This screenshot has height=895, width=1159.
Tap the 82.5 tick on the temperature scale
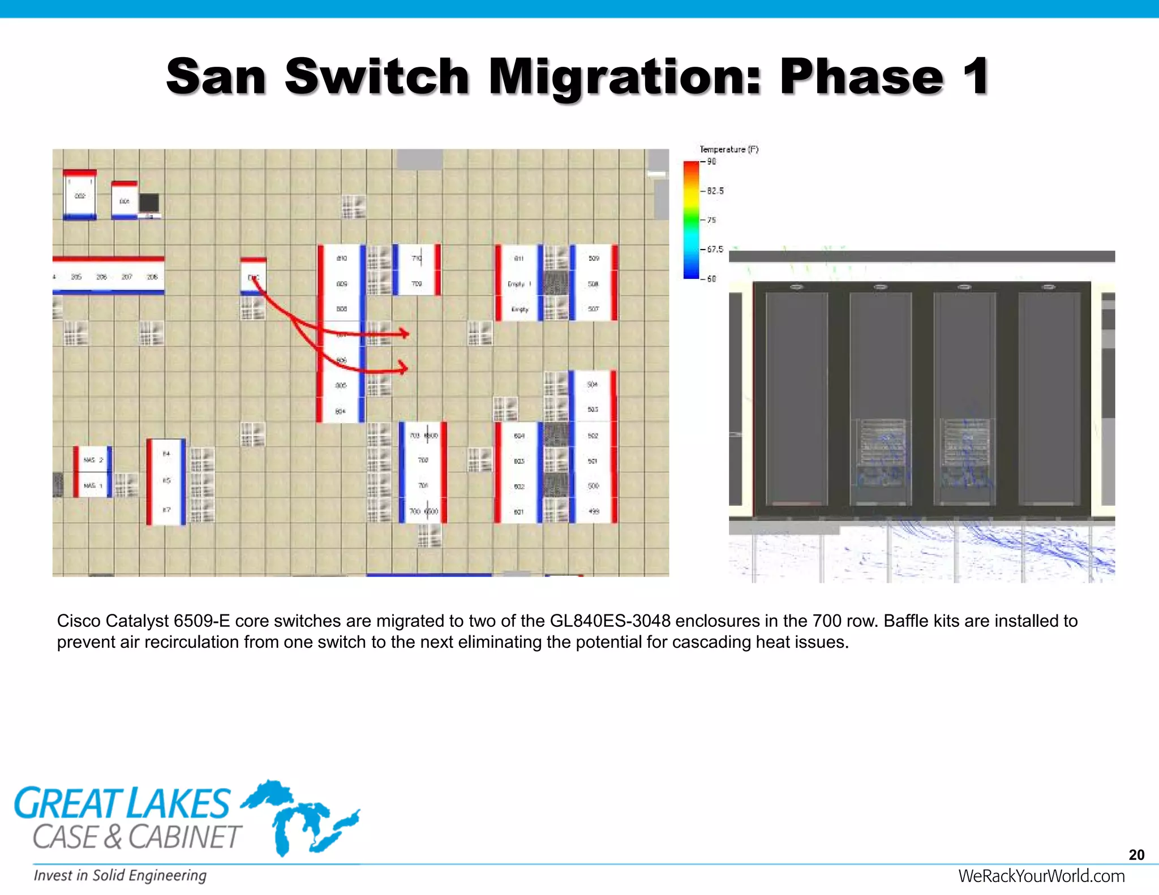point(715,191)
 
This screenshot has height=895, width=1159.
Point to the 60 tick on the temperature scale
point(711,279)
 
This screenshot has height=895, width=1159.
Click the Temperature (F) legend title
point(728,149)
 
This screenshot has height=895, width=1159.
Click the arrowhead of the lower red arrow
point(403,368)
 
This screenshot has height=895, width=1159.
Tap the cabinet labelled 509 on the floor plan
point(593,259)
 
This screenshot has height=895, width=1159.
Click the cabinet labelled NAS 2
point(93,460)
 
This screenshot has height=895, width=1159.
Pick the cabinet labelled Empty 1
point(519,284)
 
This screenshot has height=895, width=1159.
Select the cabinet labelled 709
point(417,284)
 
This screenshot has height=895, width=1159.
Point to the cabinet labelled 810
point(341,259)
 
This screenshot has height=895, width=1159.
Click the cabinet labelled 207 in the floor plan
point(127,277)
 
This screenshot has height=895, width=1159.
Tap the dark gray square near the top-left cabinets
point(149,203)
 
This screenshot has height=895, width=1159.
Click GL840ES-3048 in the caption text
point(609,621)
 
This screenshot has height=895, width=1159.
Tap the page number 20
point(1136,855)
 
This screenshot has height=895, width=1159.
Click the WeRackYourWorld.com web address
point(1041,876)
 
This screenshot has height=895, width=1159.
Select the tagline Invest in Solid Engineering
point(120,876)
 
